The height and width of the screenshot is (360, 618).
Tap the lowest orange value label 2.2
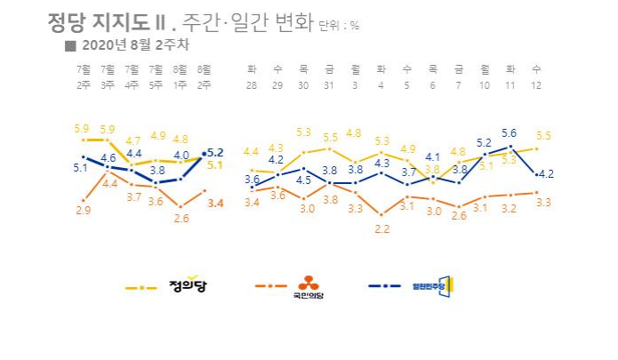pos(382,228)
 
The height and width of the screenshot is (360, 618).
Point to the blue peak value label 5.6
pos(510,132)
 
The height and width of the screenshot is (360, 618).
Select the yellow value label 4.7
pos(132,140)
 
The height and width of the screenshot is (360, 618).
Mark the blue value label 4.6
pos(108,157)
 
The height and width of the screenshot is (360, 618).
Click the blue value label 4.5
pos(303,179)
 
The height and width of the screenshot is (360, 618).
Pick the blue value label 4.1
pos(433,156)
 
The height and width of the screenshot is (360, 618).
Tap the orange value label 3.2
pos(510,207)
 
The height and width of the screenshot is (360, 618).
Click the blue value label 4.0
pos(181,153)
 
